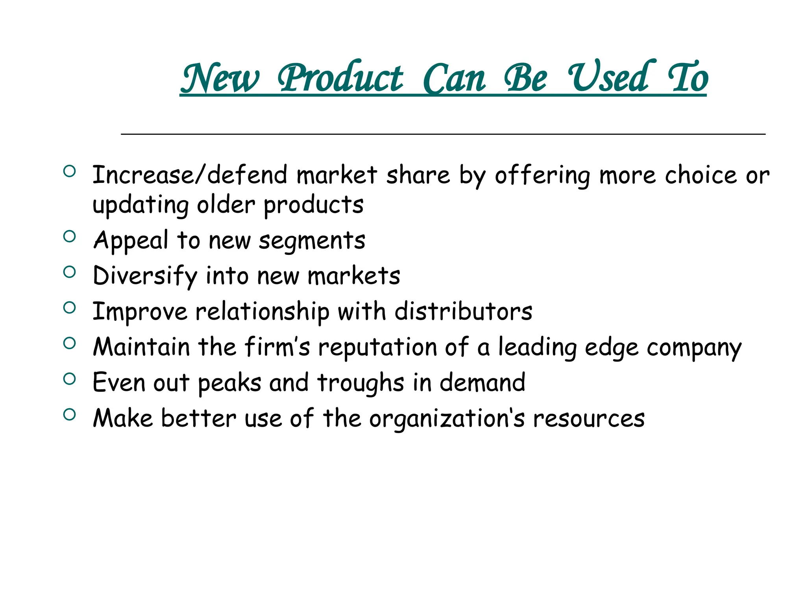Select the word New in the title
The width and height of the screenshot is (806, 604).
click(x=220, y=78)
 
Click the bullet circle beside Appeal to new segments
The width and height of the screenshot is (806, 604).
click(x=69, y=236)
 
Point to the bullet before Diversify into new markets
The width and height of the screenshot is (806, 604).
click(x=69, y=272)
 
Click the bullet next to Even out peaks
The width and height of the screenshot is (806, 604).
click(x=69, y=379)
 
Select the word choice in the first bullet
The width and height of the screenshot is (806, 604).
click(x=701, y=175)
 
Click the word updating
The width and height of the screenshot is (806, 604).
click(x=140, y=205)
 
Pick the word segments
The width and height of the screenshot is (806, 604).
click(x=312, y=241)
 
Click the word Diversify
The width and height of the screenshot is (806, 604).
click(x=145, y=276)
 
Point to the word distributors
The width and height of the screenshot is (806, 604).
click(x=463, y=311)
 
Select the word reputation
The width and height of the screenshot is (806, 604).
click(x=378, y=348)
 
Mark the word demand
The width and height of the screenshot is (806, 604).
click(x=482, y=383)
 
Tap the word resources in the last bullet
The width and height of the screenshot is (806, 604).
click(x=589, y=418)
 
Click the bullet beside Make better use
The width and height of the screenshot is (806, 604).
click(x=69, y=414)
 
